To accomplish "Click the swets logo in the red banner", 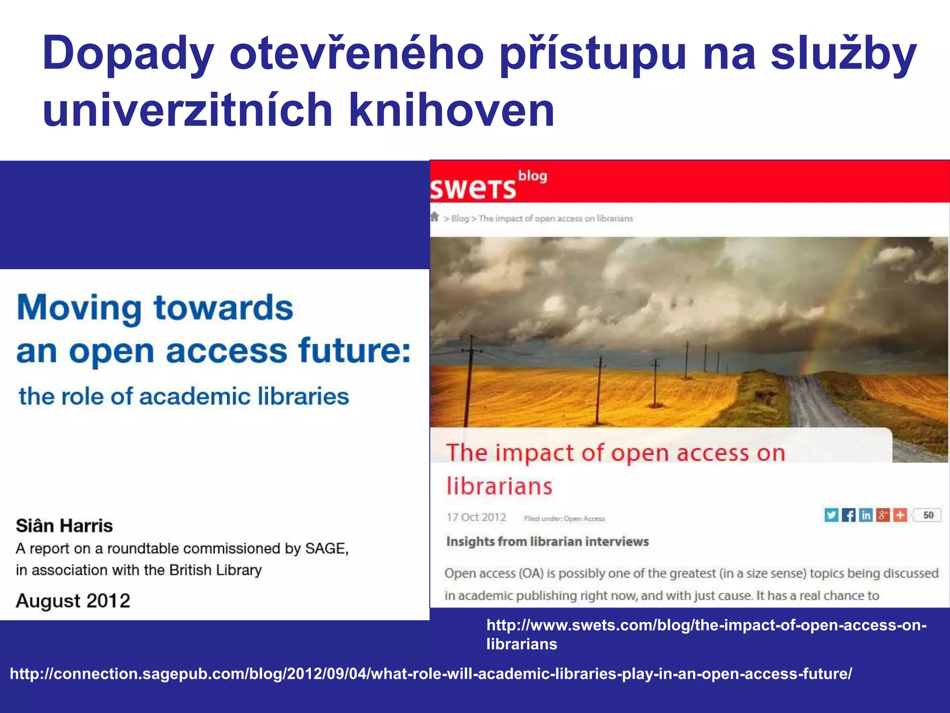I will click(473, 188).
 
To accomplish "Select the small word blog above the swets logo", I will click(533, 176).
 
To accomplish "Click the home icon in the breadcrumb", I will click(435, 217).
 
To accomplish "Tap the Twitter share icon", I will click(831, 515).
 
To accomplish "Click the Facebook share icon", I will click(848, 515).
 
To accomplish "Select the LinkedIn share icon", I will click(866, 515).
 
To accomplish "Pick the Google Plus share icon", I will click(883, 515).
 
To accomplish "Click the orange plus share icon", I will click(900, 515).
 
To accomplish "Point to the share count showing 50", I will click(928, 515).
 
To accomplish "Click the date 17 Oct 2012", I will click(476, 518).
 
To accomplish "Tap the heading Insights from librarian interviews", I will click(547, 542).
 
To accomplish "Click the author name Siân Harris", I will click(64, 526).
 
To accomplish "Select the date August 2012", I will click(73, 601).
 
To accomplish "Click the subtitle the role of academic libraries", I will click(184, 397).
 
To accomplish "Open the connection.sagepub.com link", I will click(431, 674).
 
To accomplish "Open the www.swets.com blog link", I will click(706, 635).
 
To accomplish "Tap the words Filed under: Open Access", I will click(565, 519).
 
